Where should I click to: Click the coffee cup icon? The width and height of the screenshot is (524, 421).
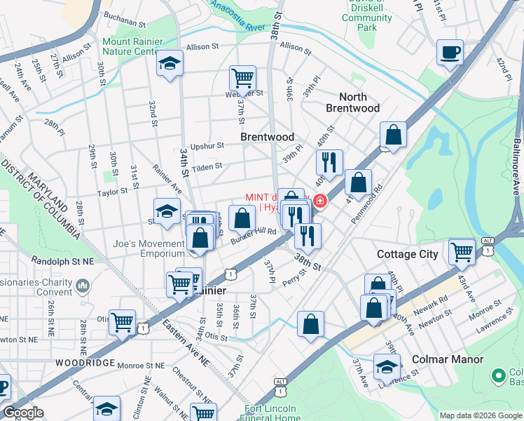tap(450, 52)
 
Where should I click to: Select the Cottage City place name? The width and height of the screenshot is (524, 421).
tap(408, 254)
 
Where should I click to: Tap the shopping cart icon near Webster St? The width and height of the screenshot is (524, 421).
tap(242, 78)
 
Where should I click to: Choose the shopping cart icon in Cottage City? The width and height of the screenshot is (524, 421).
tap(462, 250)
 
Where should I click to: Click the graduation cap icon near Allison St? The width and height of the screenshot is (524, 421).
tap(170, 64)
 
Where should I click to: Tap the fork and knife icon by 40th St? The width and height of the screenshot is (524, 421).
tap(329, 162)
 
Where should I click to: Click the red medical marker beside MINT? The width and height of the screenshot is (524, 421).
tap(320, 202)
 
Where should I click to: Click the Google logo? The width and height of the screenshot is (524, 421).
tap(23, 413)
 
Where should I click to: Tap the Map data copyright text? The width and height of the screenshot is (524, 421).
tap(481, 415)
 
